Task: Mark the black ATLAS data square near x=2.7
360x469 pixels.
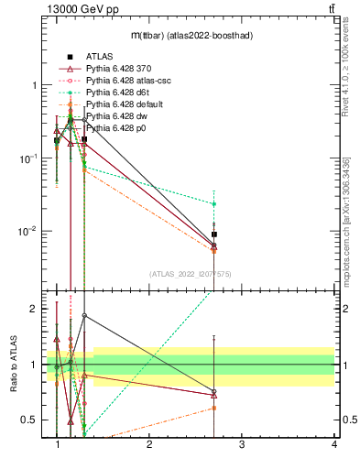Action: coord(213,234)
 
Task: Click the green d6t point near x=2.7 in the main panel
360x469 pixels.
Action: coord(213,203)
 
